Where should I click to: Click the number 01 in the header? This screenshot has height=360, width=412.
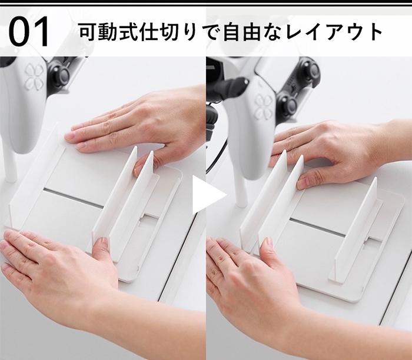click(29, 32)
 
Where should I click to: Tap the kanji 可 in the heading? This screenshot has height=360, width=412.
click(88, 32)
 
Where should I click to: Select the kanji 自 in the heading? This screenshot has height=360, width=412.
click(231, 32)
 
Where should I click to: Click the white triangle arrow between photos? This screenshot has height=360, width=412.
click(208, 195)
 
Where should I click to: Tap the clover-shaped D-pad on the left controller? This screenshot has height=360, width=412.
click(34, 76)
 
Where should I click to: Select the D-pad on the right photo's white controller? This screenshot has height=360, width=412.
click(263, 106)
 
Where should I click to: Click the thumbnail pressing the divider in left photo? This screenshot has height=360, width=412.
click(138, 169)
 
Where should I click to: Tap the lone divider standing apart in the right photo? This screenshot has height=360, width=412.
click(355, 231)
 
